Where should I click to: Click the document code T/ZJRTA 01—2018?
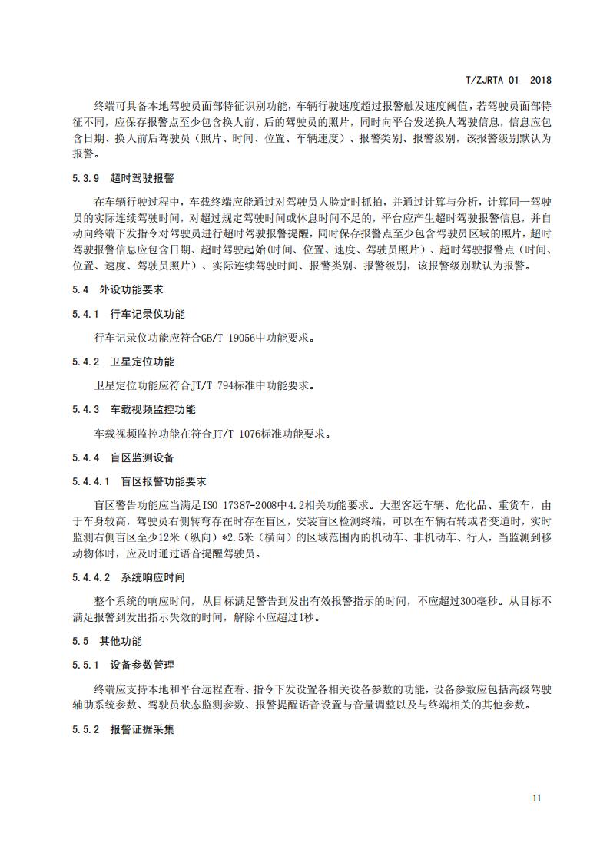tap(509, 79)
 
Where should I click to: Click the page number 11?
tap(537, 798)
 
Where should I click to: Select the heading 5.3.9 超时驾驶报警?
tap(119, 179)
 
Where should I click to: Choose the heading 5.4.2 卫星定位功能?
tap(119, 362)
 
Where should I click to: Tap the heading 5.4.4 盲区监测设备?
tap(119, 457)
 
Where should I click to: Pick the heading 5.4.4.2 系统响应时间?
tap(129, 576)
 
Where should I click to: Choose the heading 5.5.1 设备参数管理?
tap(119, 665)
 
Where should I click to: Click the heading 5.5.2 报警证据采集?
tap(119, 728)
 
